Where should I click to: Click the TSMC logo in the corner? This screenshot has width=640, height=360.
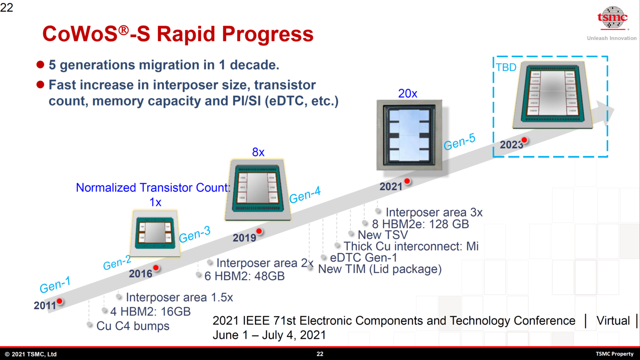click(612, 19)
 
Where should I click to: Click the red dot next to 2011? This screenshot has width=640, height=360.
click(60, 301)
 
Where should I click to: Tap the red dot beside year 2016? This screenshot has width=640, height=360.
click(156, 268)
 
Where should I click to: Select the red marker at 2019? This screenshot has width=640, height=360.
click(259, 231)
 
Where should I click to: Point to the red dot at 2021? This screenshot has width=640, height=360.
click(407, 182)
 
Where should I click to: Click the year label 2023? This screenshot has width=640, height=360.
click(511, 145)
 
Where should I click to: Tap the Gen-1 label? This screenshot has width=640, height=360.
click(55, 285)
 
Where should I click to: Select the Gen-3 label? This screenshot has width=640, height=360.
click(195, 234)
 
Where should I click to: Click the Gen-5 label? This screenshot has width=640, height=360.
click(459, 142)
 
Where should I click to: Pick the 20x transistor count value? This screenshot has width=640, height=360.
click(407, 93)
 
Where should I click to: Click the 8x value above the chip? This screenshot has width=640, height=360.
click(258, 152)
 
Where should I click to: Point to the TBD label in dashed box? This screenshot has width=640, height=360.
click(506, 67)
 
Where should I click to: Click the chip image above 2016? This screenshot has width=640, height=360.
click(155, 233)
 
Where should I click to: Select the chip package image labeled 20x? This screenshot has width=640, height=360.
click(409, 135)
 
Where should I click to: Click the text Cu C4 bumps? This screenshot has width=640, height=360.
click(133, 326)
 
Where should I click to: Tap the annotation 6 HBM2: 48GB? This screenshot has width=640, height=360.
click(244, 276)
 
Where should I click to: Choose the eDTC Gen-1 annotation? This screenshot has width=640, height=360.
click(363, 258)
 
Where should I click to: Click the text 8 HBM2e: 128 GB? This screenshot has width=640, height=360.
click(420, 224)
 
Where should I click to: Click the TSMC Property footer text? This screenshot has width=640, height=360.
click(614, 354)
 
